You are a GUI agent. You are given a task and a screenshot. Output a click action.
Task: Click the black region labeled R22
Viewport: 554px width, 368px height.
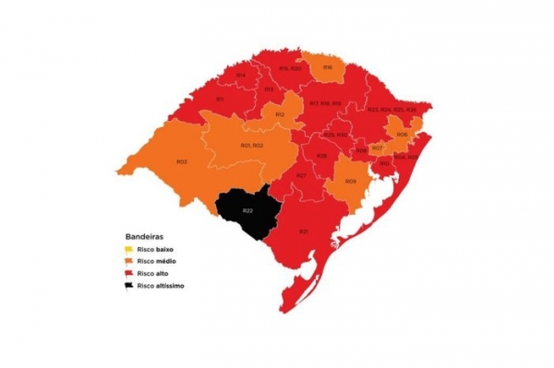pos(247,211)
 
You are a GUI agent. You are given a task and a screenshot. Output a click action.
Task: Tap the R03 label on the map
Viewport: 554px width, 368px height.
pos(182,162)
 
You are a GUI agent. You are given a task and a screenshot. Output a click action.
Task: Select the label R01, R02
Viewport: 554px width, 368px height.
pos(251,146)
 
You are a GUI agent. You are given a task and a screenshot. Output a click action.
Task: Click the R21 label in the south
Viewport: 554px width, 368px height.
pos(303,231)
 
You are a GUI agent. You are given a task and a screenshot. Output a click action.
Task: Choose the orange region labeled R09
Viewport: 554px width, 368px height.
pos(351,181)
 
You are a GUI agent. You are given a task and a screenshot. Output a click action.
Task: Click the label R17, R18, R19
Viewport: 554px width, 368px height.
pos(325,102)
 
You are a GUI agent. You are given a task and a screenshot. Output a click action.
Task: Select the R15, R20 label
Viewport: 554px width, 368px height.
pos(289,68)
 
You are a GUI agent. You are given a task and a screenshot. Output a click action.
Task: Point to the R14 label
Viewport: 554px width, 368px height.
pos(240,75)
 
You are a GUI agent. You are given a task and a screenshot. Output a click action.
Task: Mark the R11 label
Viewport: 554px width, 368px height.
pos(220,99)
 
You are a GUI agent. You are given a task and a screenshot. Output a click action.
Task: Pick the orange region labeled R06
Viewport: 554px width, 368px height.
pos(402,134)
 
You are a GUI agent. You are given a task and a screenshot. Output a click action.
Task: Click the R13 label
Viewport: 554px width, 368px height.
pos(269,89)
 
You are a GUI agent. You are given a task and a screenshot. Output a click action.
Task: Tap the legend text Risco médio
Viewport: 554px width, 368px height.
pos(155,262)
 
